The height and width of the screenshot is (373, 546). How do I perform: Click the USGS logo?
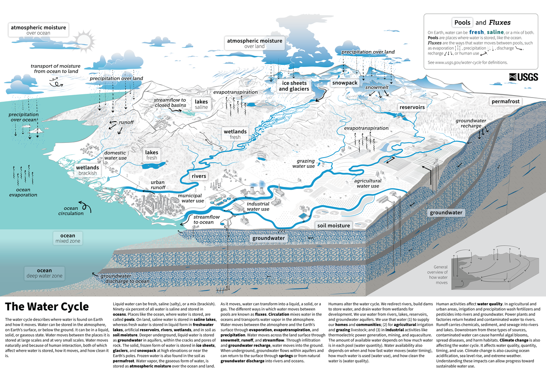[524, 77]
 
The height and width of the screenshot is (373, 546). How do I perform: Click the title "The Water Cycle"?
[47, 307]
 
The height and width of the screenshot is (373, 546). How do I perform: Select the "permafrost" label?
[506, 101]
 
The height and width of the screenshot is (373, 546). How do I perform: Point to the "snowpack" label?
[345, 83]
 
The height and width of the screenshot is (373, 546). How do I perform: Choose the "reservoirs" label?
[412, 107]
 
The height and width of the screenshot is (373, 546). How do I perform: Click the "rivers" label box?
[199, 176]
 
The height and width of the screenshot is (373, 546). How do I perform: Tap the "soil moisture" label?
[333, 225]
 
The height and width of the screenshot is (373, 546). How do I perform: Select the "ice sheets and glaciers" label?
[294, 86]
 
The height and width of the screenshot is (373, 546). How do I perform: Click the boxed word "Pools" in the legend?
[462, 23]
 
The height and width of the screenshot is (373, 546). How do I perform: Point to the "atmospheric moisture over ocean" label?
[38, 30]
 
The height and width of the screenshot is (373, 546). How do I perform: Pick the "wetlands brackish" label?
[87, 170]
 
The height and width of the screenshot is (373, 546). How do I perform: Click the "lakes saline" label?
[201, 104]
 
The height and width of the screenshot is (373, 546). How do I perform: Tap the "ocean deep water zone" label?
[44, 273]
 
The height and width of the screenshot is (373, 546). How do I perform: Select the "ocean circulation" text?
[71, 211]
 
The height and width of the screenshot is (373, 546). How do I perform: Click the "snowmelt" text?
[376, 87]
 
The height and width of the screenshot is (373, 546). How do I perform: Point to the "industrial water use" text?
[258, 206]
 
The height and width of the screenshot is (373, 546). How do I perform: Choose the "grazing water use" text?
[303, 164]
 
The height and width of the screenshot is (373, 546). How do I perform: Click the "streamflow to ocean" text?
[206, 220]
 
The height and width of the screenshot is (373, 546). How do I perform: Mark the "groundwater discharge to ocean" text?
[125, 279]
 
